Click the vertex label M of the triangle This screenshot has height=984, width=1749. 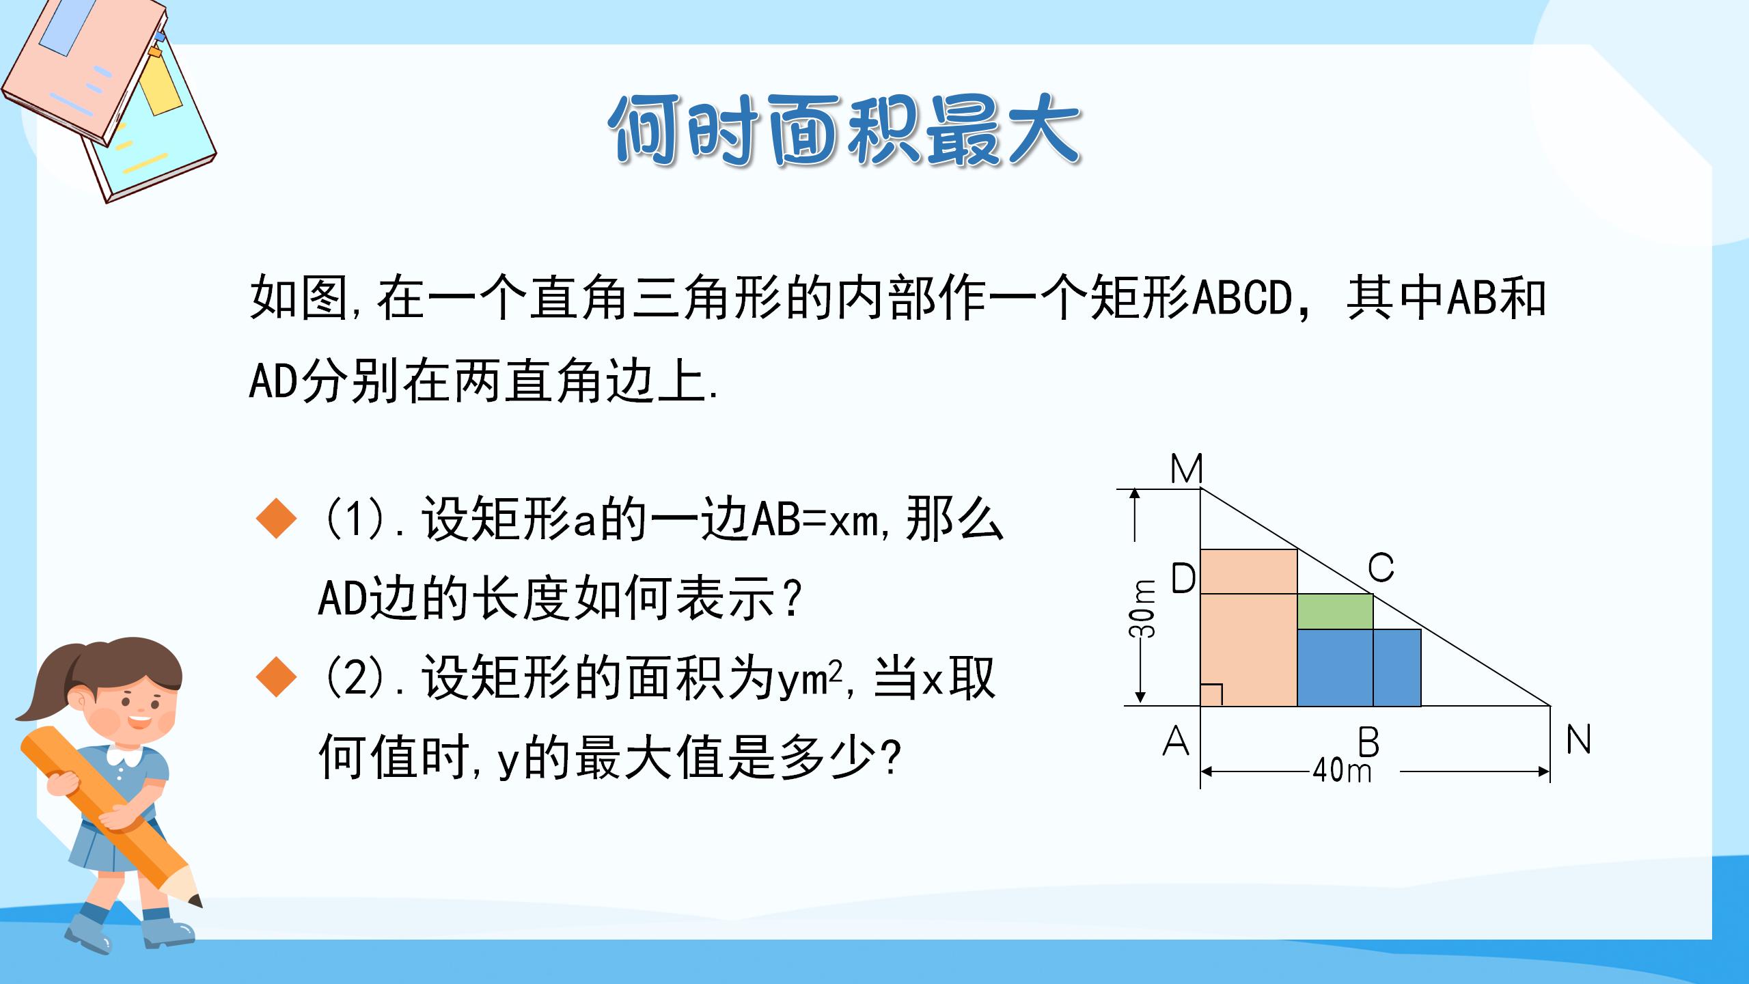coord(1186,469)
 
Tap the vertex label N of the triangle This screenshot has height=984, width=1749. coord(1578,739)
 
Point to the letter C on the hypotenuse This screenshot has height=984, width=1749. coord(1380,568)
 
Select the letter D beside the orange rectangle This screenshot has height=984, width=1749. coord(1183,579)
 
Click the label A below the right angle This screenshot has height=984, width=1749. coord(1176,741)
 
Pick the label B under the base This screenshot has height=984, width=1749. coord(1368,742)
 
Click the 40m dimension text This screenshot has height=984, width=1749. coord(1342,771)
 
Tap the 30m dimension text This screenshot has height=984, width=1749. coord(1142,609)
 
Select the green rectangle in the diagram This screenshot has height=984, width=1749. coord(1334,611)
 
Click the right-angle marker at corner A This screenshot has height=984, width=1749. coord(1211,695)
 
